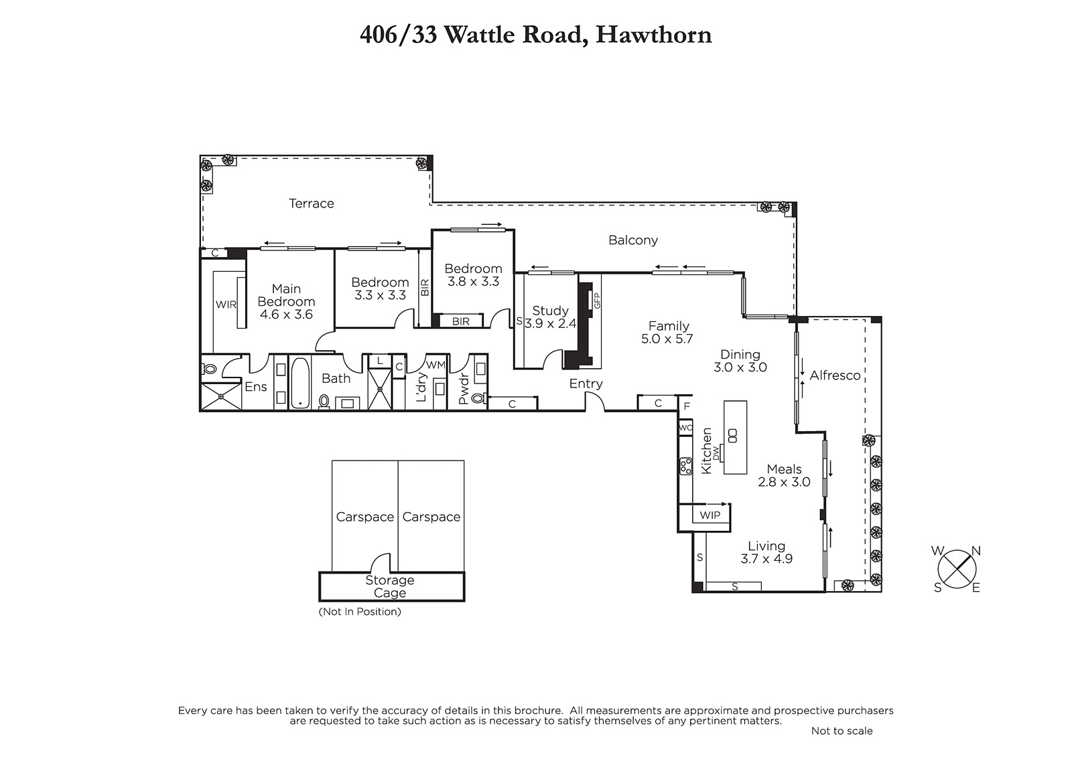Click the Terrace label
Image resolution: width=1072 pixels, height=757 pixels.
click(x=311, y=203)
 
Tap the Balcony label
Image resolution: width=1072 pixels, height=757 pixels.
click(x=632, y=240)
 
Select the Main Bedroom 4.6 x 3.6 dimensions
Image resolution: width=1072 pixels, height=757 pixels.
click(x=286, y=315)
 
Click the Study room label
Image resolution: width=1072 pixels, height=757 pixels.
click(x=550, y=311)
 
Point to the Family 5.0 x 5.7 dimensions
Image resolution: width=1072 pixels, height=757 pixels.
click(x=667, y=339)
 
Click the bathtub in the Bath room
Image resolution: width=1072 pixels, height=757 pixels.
click(x=300, y=383)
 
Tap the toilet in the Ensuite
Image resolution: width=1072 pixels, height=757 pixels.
click(x=208, y=369)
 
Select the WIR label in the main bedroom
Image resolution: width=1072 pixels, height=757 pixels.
click(x=225, y=305)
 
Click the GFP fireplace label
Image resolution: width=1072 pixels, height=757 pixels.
click(x=597, y=301)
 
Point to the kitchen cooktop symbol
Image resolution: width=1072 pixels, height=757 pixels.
click(x=685, y=467)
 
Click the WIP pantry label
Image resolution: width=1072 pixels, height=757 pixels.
click(x=710, y=515)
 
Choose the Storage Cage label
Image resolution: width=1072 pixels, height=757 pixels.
click(x=389, y=587)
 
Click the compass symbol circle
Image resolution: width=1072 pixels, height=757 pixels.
click(x=957, y=570)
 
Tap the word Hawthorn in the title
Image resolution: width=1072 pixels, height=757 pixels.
click(x=653, y=35)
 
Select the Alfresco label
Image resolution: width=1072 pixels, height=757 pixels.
click(x=835, y=376)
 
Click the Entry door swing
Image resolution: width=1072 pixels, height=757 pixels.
click(x=595, y=401)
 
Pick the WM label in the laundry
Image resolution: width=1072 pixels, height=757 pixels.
click(x=435, y=365)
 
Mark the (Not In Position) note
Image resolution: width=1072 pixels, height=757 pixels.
click(x=359, y=612)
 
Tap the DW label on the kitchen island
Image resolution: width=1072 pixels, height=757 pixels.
click(x=716, y=453)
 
